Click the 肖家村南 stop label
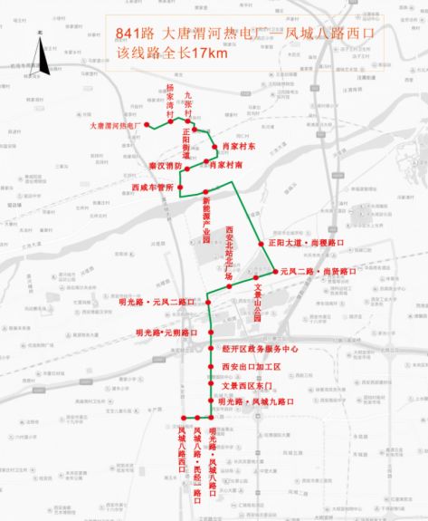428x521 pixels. (226, 166)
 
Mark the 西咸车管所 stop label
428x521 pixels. (151, 188)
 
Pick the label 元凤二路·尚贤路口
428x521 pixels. (318, 271)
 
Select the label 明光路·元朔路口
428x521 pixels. (166, 333)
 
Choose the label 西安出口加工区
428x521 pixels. (252, 367)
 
